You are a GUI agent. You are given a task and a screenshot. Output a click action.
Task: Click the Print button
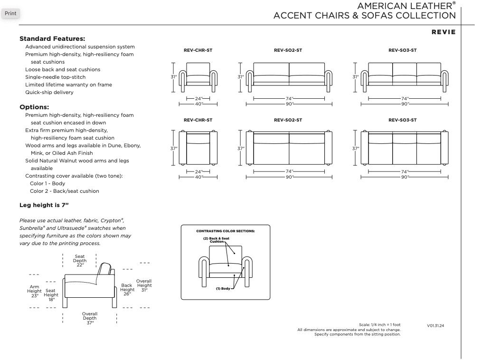[x=10, y=13]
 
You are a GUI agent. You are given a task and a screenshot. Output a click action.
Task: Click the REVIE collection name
[x=443, y=32]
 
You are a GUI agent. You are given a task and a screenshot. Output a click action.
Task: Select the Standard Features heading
[x=52, y=38]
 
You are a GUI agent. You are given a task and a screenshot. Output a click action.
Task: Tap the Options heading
[x=34, y=106]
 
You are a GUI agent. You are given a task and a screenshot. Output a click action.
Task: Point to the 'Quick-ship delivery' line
[x=49, y=92]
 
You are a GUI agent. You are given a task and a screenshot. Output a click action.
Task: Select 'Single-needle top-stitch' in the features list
[x=56, y=77]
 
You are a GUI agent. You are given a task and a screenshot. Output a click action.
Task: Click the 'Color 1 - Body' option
[x=47, y=183]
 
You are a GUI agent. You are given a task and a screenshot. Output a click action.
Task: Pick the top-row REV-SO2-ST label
[x=288, y=50]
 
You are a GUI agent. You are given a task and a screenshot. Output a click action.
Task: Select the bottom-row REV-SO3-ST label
[x=402, y=120]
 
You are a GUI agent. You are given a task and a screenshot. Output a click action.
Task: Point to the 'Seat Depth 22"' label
[x=80, y=261]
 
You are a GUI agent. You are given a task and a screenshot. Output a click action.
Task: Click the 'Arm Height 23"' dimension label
[x=34, y=291]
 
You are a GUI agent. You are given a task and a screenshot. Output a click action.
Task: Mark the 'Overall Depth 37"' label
[x=90, y=318]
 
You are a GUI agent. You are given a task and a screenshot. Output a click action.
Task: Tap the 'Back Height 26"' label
[x=127, y=290]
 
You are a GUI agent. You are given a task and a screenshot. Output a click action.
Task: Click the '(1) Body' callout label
[x=223, y=288]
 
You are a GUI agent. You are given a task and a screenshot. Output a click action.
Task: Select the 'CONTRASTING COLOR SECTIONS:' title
[x=226, y=231]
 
